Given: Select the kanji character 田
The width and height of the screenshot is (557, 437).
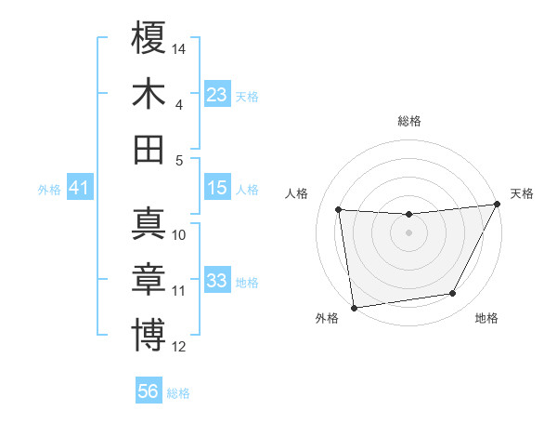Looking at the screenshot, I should [149, 149].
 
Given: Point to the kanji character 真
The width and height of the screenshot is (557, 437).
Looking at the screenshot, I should [149, 224].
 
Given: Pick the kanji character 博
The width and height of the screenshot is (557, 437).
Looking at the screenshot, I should [149, 335].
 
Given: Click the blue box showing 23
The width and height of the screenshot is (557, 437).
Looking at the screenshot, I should [217, 95].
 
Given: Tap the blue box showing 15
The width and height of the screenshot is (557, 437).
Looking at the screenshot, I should [217, 188].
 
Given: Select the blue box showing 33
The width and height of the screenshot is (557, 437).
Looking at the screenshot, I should [217, 281].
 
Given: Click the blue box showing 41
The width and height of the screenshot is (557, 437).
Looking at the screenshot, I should [79, 189].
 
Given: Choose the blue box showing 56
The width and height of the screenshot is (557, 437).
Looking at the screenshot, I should [149, 391].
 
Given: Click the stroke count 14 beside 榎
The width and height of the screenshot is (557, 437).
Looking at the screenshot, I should [180, 48].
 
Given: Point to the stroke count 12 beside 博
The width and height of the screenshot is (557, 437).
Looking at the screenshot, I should [179, 347].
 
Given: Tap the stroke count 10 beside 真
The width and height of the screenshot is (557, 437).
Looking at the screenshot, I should [179, 235].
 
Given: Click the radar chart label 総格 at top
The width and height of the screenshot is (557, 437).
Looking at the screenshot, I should [408, 121].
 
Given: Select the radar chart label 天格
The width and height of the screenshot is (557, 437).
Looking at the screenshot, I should [522, 193].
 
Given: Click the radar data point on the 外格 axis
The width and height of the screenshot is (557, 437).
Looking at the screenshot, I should [353, 307].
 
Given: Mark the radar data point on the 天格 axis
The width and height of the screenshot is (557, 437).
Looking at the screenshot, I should [497, 205].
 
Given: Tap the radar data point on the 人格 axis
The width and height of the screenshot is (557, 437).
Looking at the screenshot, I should [339, 210].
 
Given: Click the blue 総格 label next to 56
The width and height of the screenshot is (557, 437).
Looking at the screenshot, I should [178, 393].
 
